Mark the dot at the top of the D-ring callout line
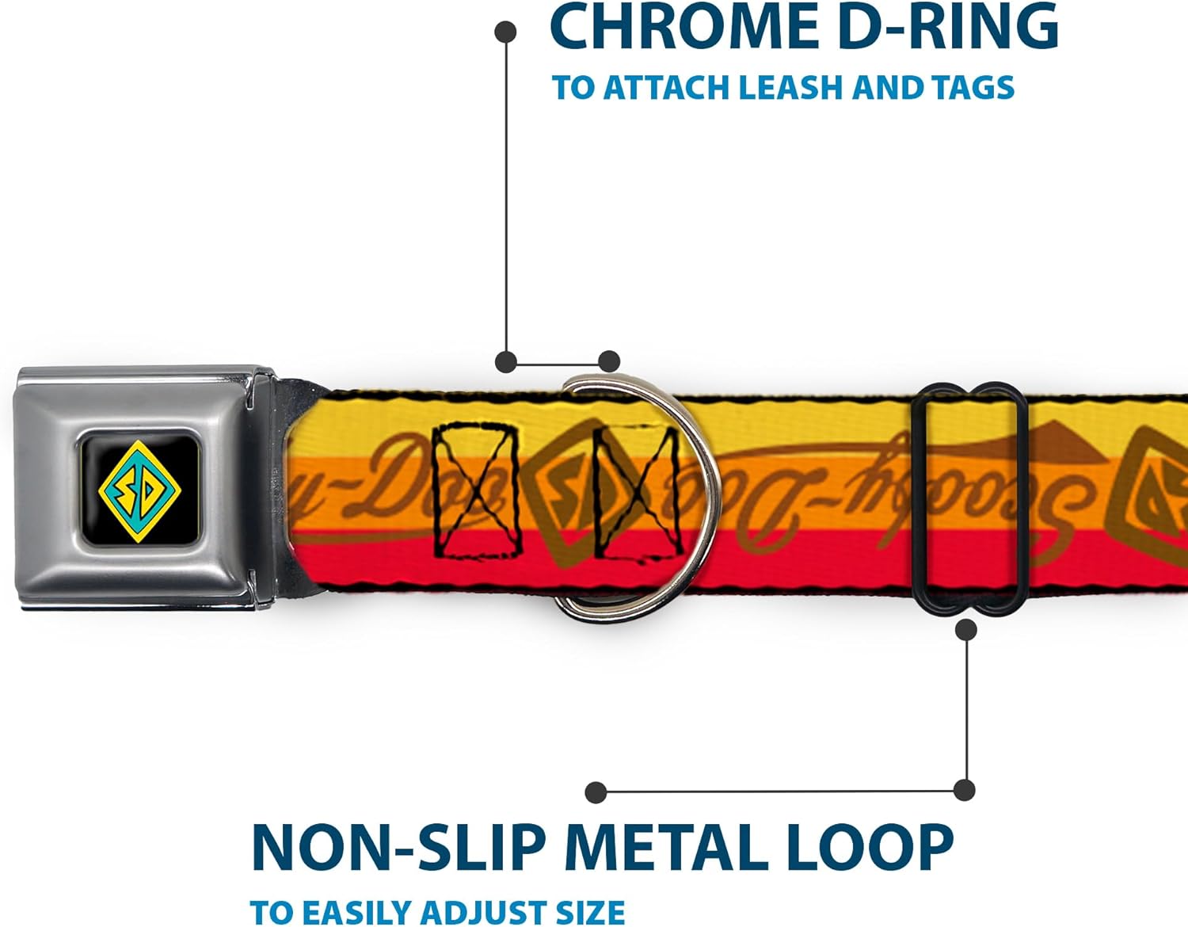click(505, 32)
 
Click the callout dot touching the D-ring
click(608, 362)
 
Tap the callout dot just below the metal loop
click(965, 630)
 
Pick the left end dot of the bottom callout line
click(596, 792)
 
